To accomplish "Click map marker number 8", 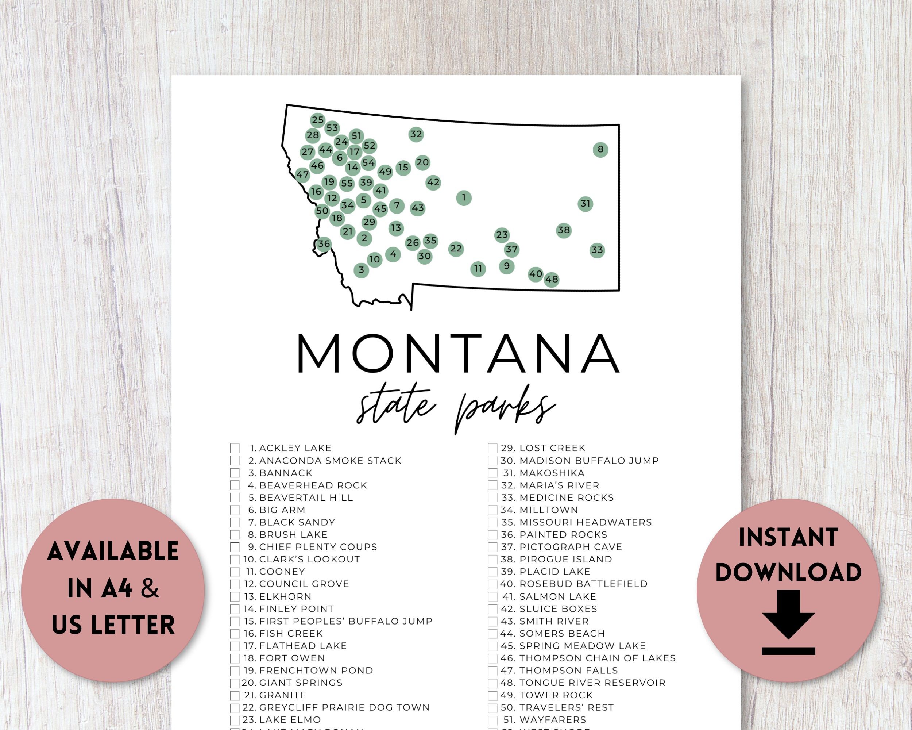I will click(600, 149).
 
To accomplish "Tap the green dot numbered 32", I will click(416, 134).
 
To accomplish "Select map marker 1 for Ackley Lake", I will click(464, 197).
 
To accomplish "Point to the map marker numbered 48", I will click(551, 279).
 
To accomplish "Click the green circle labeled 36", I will click(324, 244).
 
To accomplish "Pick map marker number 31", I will click(585, 204).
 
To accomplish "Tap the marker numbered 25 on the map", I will click(318, 120).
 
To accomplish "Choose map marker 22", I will click(456, 249).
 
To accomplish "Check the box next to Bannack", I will click(235, 473).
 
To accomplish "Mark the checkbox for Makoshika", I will click(493, 473).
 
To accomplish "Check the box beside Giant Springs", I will click(235, 683).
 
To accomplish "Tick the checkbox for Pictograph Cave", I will click(493, 547).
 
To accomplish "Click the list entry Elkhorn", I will click(285, 596).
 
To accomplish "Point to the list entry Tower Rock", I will click(556, 695).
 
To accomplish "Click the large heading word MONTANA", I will click(459, 353).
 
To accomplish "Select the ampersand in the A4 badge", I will click(150, 589).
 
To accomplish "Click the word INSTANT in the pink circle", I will click(788, 537).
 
